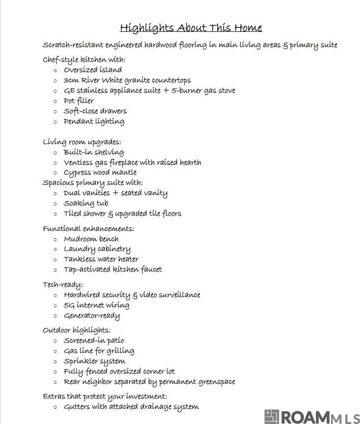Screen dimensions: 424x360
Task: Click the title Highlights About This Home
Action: (191, 27)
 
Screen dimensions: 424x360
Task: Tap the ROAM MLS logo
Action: (311, 417)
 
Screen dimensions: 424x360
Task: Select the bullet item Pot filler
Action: (78, 101)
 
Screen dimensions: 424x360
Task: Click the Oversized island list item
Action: (93, 70)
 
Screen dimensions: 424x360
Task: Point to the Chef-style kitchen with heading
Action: (84, 60)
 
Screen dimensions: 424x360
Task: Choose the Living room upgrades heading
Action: (81, 142)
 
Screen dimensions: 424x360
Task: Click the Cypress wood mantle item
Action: (100, 173)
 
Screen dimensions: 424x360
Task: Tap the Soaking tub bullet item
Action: (86, 203)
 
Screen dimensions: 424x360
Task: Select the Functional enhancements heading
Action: (88, 229)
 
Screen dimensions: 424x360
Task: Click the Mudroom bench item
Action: (91, 239)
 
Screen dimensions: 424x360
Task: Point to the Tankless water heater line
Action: (101, 259)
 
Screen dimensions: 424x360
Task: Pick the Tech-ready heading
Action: (63, 285)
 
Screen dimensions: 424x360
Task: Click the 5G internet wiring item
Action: (96, 305)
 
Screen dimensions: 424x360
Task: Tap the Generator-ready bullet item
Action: (92, 316)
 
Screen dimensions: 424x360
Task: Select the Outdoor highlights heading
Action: (77, 330)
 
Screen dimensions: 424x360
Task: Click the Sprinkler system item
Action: (94, 361)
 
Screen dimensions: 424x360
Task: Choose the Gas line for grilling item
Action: (99, 351)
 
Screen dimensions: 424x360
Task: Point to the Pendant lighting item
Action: (94, 122)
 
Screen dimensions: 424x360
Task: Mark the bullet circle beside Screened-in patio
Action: (55, 341)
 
